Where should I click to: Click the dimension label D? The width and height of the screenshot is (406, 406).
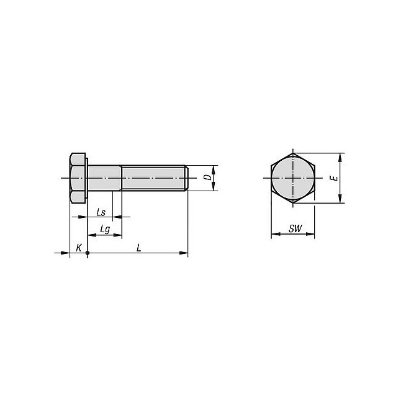coord(207,178)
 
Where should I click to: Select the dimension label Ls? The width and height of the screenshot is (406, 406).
coord(101,212)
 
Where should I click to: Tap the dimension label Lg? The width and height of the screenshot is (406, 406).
coord(105,230)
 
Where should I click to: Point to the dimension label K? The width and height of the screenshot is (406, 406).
coord(79,248)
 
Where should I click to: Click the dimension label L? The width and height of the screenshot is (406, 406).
coord(139,248)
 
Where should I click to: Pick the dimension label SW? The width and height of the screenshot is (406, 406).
coord(295,228)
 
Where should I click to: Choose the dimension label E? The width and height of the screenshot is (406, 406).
coord(335,178)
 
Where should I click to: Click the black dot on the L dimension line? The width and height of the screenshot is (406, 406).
coord(88,253)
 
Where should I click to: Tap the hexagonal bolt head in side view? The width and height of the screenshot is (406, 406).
coord(78,178)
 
